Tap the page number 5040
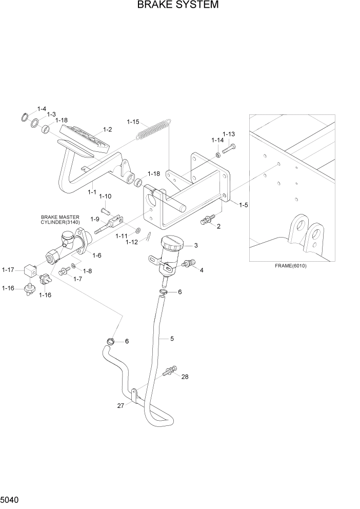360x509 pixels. tap(11, 499)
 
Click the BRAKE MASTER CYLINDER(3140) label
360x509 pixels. tap(61, 220)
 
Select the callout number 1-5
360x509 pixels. tap(243, 205)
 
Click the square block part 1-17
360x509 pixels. tap(31, 269)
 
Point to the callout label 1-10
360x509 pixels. tap(105, 197)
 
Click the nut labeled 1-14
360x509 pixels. tap(218, 154)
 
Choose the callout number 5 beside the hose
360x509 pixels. tap(172, 339)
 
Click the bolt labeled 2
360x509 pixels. tap(206, 221)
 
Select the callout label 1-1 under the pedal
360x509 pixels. tap(92, 191)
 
